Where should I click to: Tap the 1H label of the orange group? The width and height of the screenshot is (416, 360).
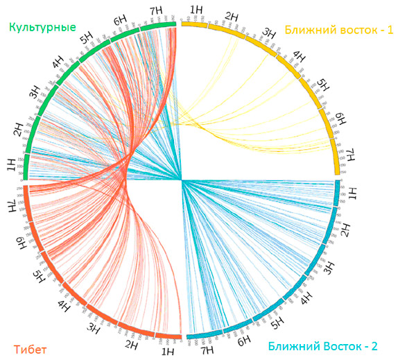point(167,352)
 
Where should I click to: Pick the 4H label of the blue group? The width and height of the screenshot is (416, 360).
point(304,299)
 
